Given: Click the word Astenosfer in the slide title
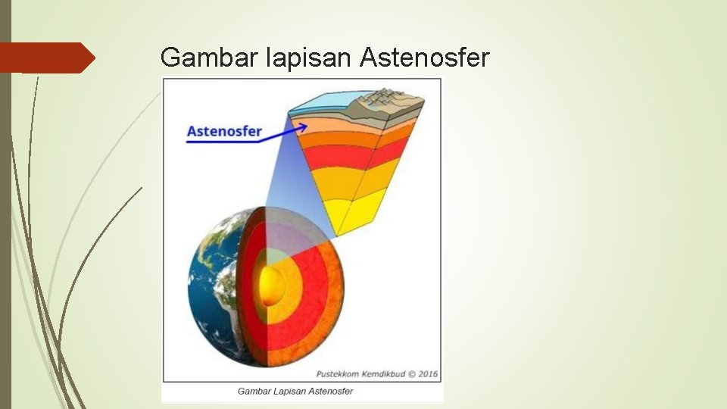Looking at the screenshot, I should tap(426, 58).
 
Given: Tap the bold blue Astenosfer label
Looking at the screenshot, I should tap(224, 131).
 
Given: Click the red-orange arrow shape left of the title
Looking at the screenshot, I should tap(45, 58).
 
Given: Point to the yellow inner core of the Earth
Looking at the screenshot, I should tap(271, 286).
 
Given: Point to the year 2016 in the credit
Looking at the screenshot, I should tap(429, 374).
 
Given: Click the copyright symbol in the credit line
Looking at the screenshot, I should tap(411, 374).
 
